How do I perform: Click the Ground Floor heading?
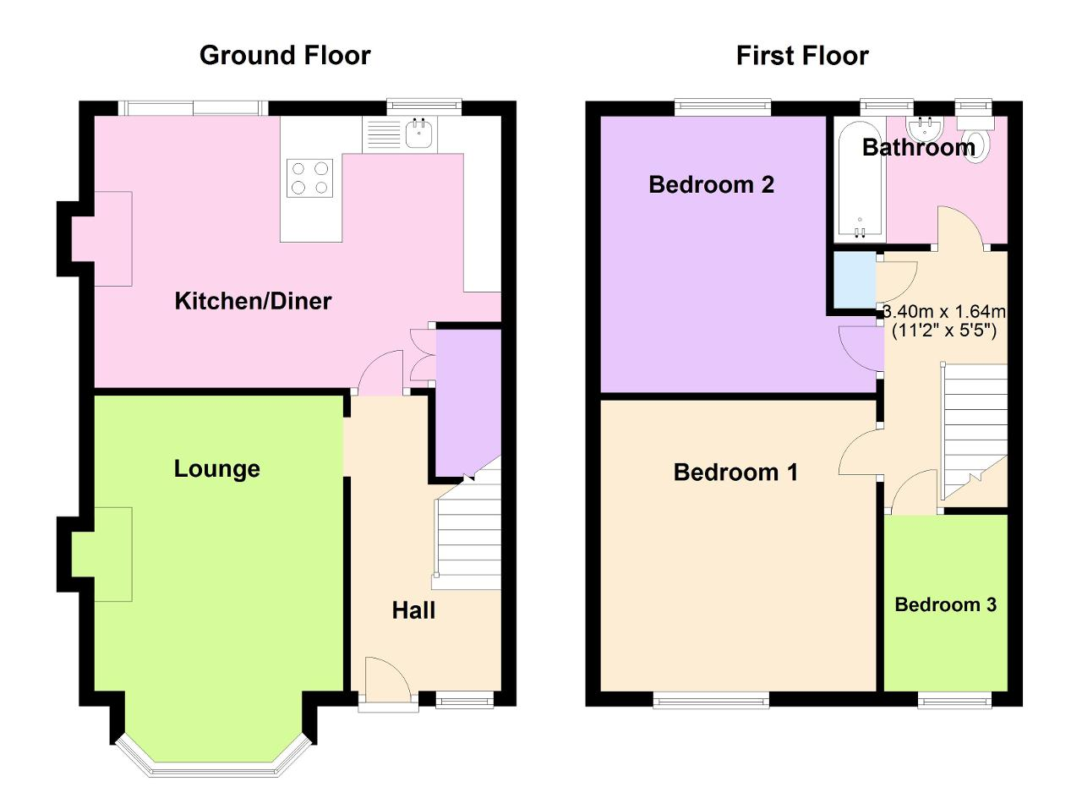[x=285, y=56]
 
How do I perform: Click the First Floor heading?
[x=801, y=56]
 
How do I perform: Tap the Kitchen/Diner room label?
[x=253, y=301]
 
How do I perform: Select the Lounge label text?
[x=216, y=469]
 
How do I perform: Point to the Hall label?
[x=413, y=610]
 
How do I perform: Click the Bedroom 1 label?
[x=735, y=473]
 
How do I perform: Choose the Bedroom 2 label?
[x=711, y=184]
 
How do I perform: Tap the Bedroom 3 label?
[x=945, y=605]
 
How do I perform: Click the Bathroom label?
[x=918, y=148]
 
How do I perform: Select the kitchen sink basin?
[x=420, y=133]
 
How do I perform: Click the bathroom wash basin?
[x=930, y=128]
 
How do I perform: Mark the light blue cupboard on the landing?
[x=855, y=280]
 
